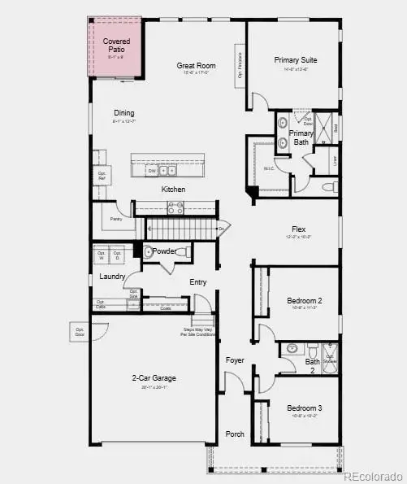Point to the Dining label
coord(124,113)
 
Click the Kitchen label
coord(173,190)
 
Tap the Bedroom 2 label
coord(305,301)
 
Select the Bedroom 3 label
coord(305,408)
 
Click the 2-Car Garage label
coord(154,378)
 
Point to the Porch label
coord(235,434)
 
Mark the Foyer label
coord(235,360)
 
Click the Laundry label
coord(111,277)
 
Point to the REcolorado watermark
coord(371,476)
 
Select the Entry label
coord(198,282)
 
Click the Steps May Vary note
coord(198,333)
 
